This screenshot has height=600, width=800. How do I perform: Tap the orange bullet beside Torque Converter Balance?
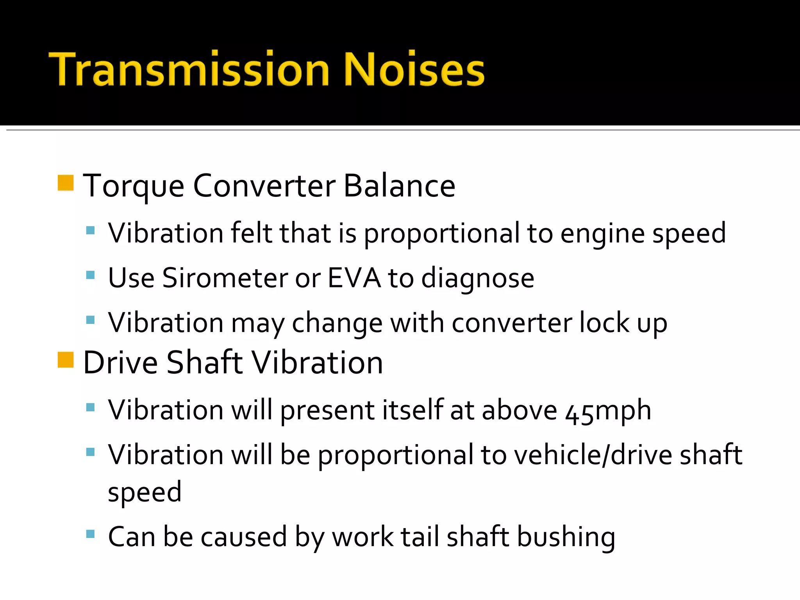[x=66, y=183]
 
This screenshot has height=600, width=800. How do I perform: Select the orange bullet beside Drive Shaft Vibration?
[x=66, y=360]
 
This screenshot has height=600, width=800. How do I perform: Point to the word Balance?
[x=399, y=186]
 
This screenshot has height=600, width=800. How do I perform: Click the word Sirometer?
[x=225, y=278]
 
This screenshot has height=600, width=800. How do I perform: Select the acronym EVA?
[x=354, y=278]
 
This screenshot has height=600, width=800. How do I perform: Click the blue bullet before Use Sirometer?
[x=90, y=275]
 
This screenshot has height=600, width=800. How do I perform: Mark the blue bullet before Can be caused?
[x=90, y=534]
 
